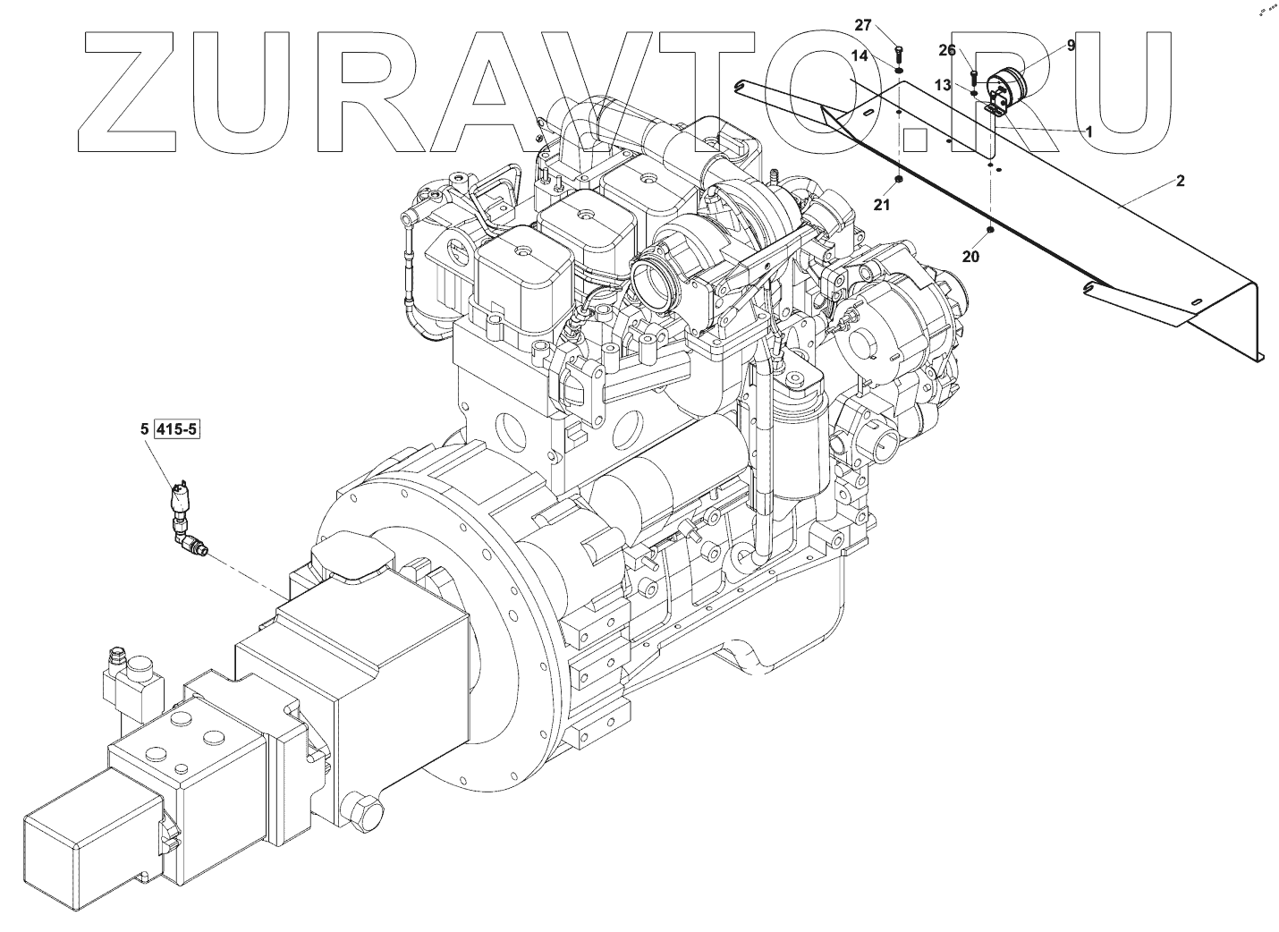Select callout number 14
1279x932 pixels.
coord(859,55)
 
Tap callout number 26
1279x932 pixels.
coord(947,50)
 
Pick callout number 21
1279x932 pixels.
coord(883,206)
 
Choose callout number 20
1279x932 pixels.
coord(971,256)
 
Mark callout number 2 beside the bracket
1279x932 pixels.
coord(1180,181)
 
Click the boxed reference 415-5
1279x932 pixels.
coord(177,429)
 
